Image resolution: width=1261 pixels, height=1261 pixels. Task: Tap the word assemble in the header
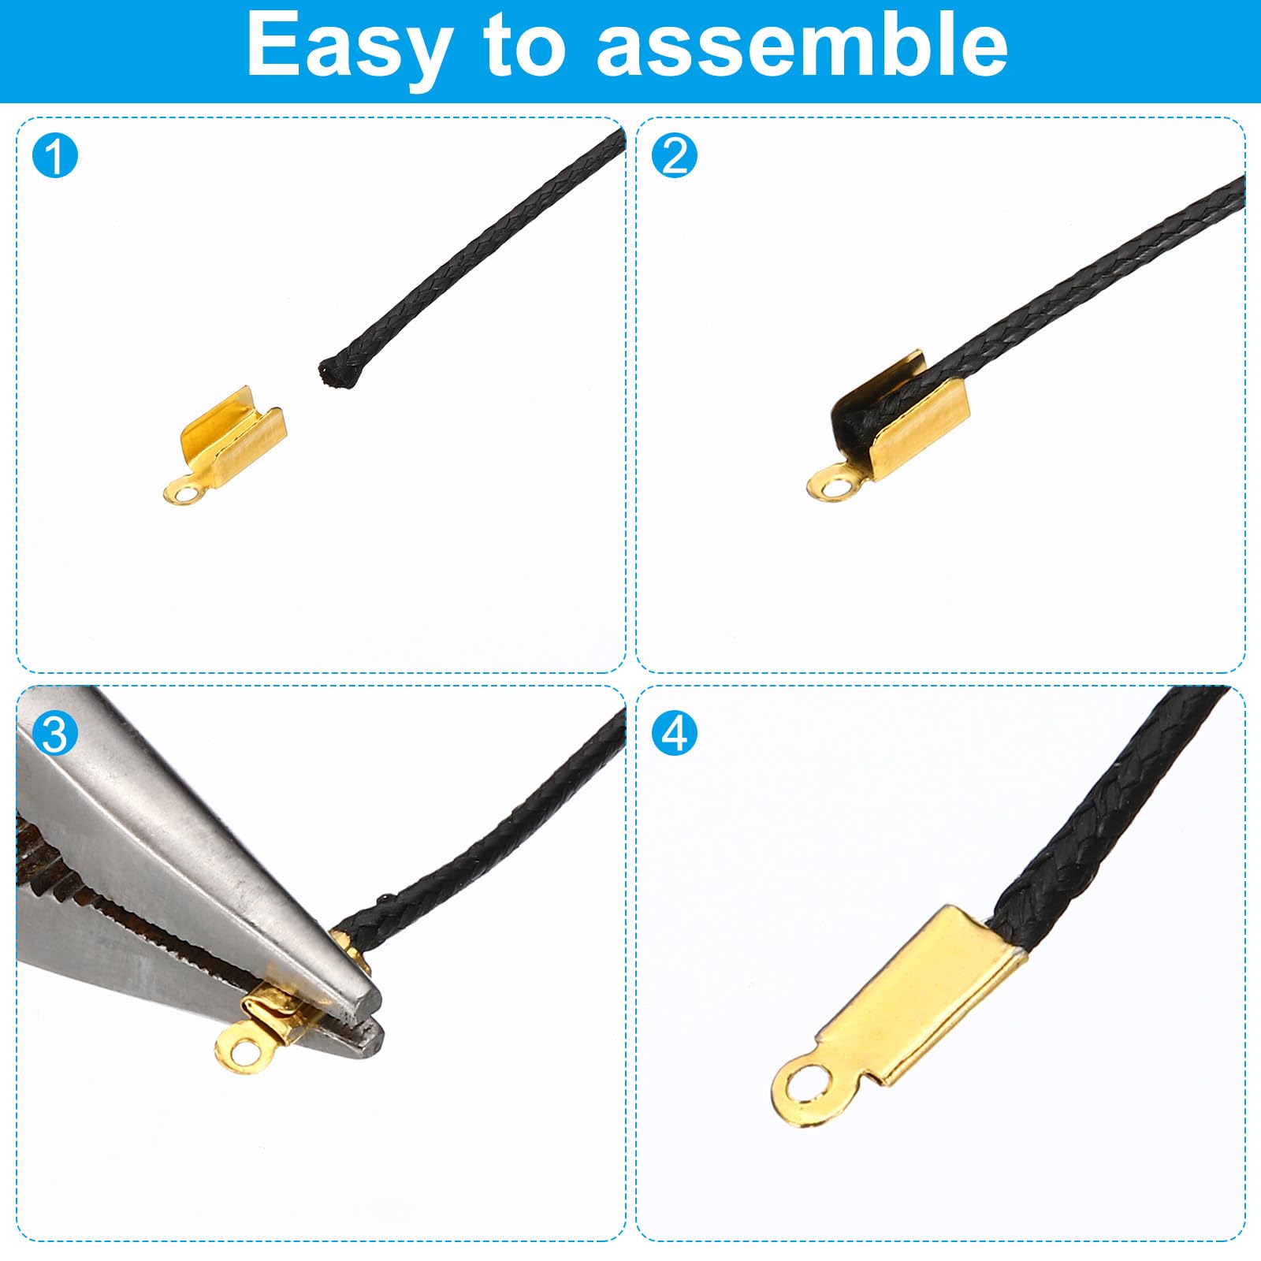click(802, 46)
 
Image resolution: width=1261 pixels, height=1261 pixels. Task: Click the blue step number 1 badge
click(55, 155)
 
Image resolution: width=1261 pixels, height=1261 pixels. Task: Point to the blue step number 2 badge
click(675, 155)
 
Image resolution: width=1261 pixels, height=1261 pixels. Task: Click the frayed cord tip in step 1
click(335, 374)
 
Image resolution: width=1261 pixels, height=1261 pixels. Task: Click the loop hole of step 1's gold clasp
click(186, 494)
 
